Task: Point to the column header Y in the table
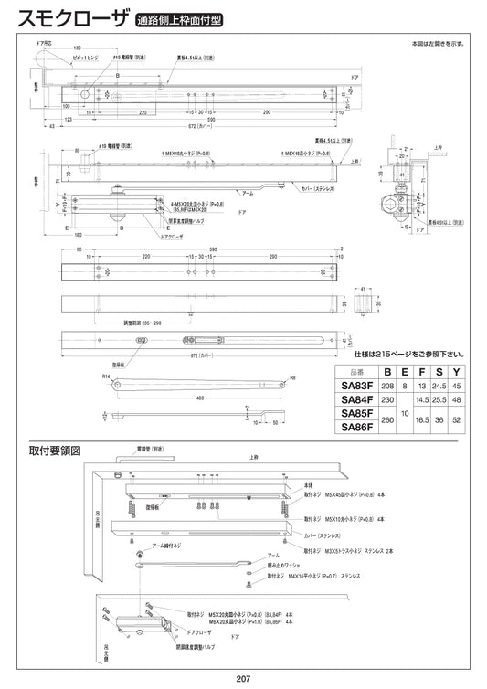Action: (458, 372)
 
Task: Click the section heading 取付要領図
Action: (56, 451)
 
